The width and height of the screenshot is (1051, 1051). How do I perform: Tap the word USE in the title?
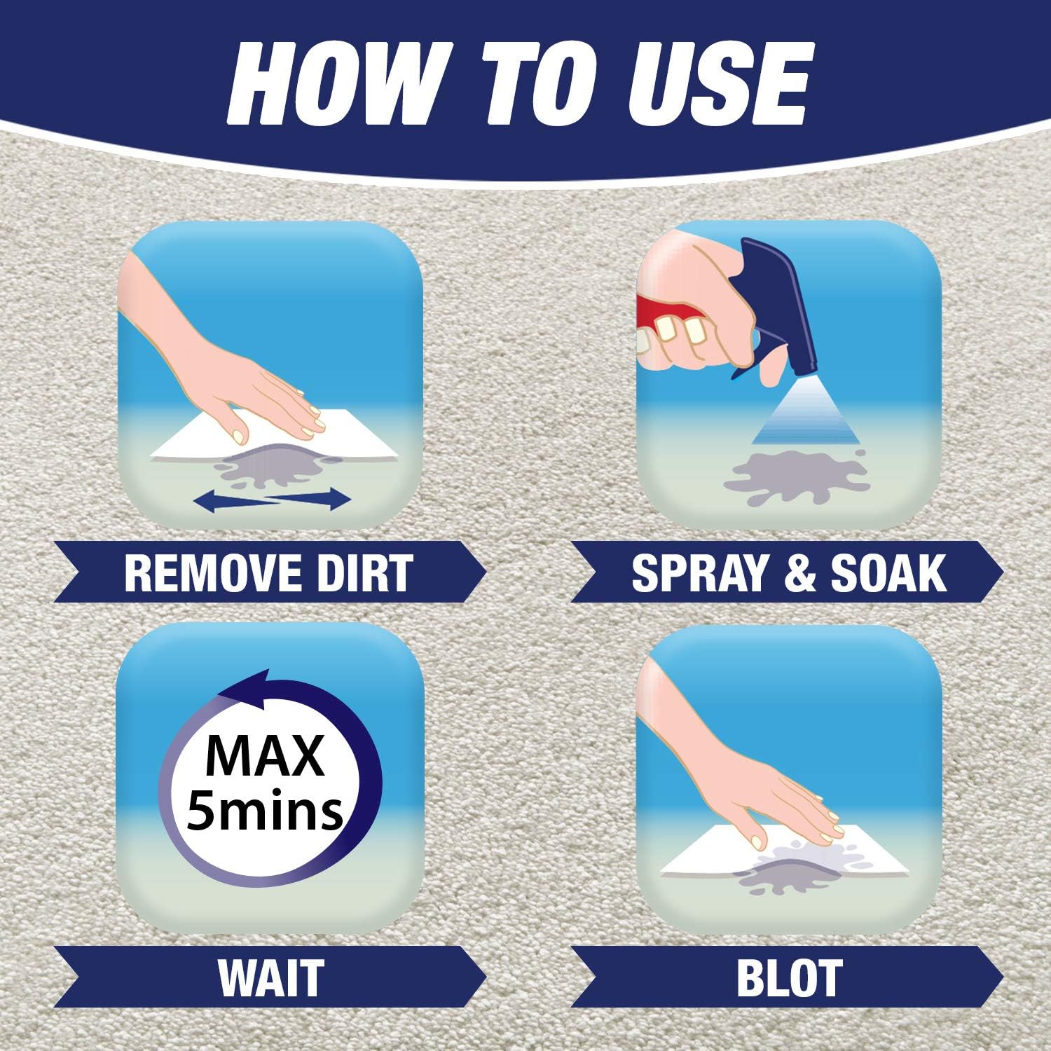pyautogui.click(x=717, y=84)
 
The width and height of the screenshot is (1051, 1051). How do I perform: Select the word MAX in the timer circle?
pyautogui.click(x=266, y=755)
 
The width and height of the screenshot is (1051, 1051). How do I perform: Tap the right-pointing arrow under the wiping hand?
pyautogui.click(x=308, y=499)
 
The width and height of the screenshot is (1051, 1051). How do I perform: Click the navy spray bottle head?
pyautogui.click(x=774, y=308)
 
